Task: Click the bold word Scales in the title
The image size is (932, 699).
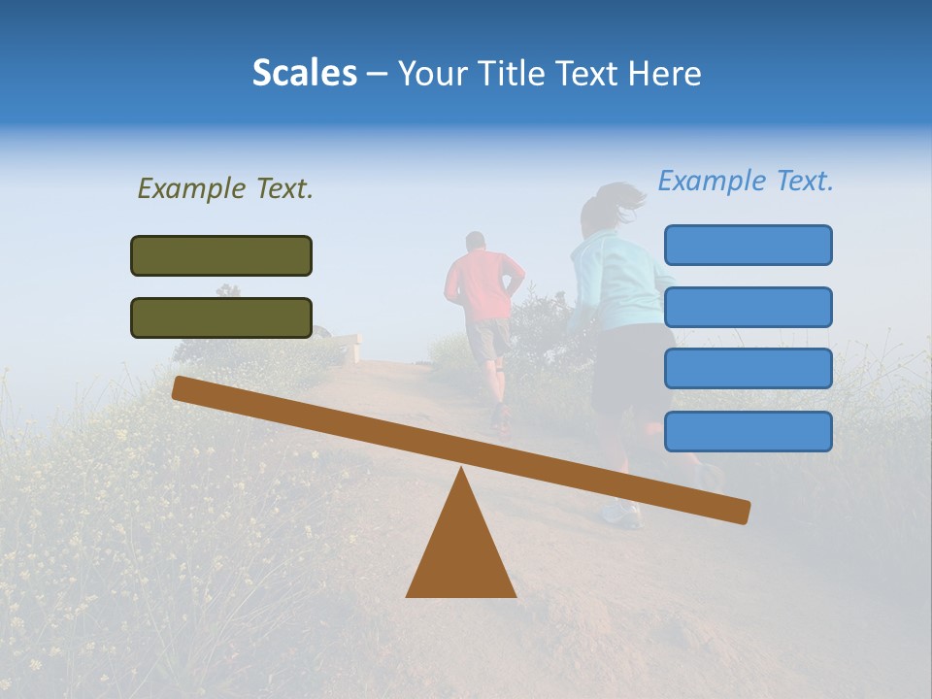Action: [304, 73]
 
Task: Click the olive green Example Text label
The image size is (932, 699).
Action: [225, 188]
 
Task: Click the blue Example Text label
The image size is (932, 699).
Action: [746, 181]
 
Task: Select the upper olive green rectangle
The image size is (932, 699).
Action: [221, 255]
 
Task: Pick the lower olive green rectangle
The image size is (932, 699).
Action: [221, 317]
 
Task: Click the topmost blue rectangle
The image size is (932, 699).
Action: [748, 245]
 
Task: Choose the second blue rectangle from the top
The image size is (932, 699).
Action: [748, 307]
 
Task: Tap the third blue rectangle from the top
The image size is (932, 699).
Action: [748, 369]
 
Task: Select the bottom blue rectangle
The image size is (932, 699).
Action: [748, 431]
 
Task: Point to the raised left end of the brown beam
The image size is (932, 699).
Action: [184, 389]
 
